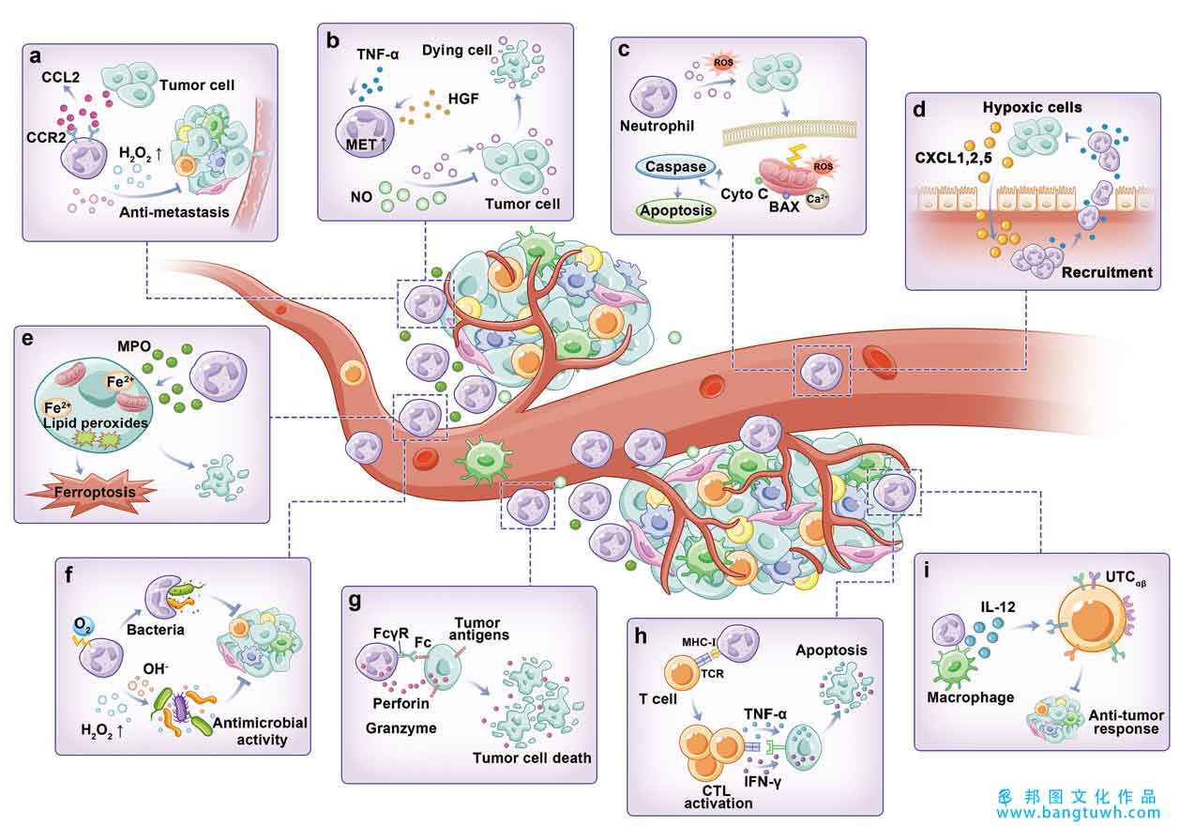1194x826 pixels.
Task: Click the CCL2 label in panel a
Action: pyautogui.click(x=61, y=77)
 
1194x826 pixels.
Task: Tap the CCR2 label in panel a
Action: pyautogui.click(x=46, y=138)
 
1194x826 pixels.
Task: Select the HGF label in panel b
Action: pyautogui.click(x=463, y=99)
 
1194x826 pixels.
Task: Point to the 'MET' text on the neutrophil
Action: pyautogui.click(x=361, y=145)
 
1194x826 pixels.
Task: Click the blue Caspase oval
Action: pyautogui.click(x=675, y=167)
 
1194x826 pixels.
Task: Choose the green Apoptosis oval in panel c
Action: pyautogui.click(x=676, y=210)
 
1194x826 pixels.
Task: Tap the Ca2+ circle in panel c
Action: pyautogui.click(x=817, y=199)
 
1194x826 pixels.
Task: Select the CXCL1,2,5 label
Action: pyautogui.click(x=954, y=158)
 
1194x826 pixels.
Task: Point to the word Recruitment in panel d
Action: pyautogui.click(x=1107, y=272)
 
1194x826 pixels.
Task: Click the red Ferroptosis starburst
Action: pyautogui.click(x=92, y=492)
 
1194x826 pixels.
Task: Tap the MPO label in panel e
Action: pyautogui.click(x=134, y=346)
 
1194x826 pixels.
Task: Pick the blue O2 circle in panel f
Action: pyautogui.click(x=83, y=625)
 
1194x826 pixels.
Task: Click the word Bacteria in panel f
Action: pyautogui.click(x=155, y=630)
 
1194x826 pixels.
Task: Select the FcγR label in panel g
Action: pyautogui.click(x=391, y=634)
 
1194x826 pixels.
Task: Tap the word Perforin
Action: pyautogui.click(x=401, y=703)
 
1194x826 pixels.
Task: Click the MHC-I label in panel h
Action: pyautogui.click(x=698, y=642)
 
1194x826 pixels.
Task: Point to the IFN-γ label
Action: pyautogui.click(x=763, y=782)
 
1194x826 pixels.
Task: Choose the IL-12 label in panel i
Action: pyautogui.click(x=998, y=606)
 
